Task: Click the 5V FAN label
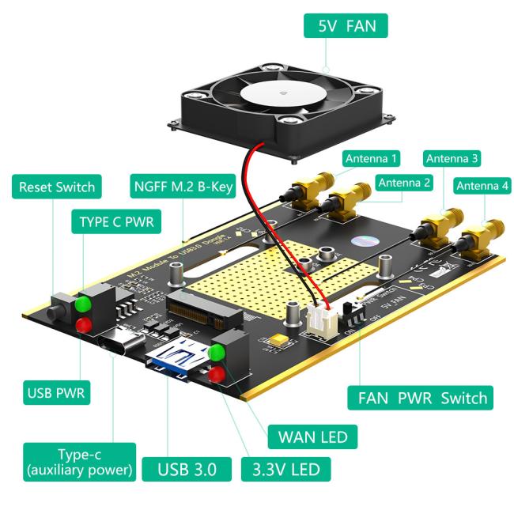(346, 25)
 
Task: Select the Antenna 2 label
(404, 183)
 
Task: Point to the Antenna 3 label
(452, 158)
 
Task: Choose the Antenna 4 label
(482, 187)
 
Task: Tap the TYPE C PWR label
(117, 222)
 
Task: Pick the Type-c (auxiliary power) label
(78, 463)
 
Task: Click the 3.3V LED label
(285, 469)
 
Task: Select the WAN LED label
(312, 436)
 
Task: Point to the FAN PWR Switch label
(421, 397)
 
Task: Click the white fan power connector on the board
(323, 317)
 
